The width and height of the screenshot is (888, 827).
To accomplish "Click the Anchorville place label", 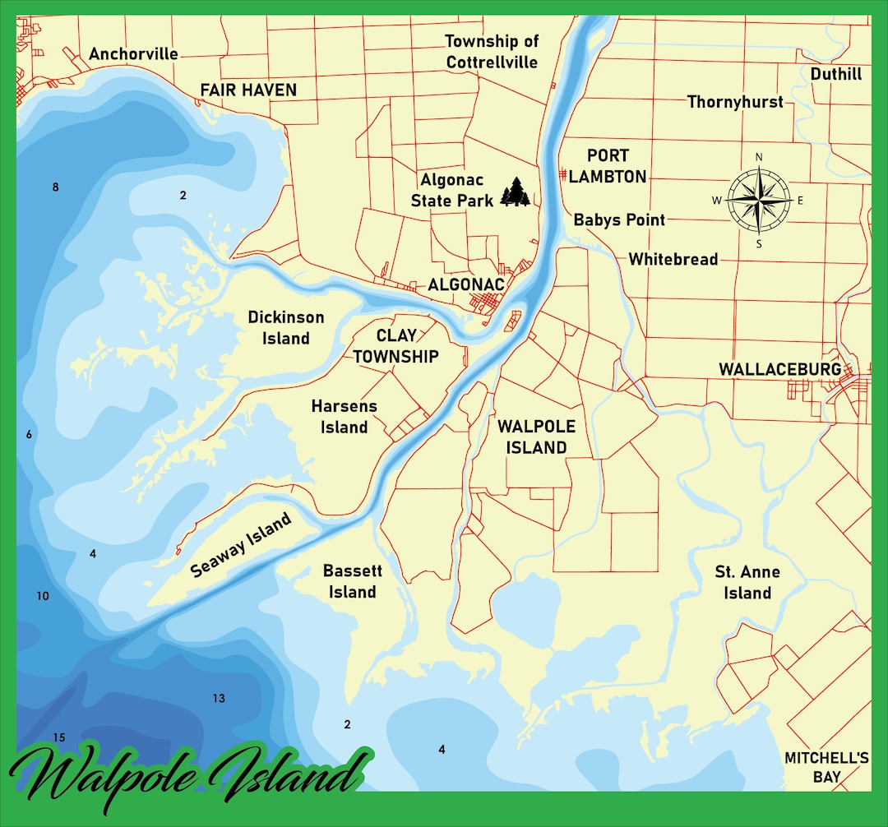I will pyautogui.click(x=133, y=54).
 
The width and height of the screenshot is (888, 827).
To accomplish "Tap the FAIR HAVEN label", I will pyautogui.click(x=248, y=90).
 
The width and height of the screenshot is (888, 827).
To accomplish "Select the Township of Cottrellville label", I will pyautogui.click(x=492, y=51).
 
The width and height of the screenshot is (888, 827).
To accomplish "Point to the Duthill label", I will pyautogui.click(x=835, y=74).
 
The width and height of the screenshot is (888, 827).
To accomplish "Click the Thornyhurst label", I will pyautogui.click(x=735, y=102).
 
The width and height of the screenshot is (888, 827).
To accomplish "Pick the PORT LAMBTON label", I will pyautogui.click(x=608, y=166).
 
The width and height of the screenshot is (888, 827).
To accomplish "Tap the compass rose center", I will pyautogui.click(x=758, y=200).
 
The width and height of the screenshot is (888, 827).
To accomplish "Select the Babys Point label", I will pyautogui.click(x=619, y=219).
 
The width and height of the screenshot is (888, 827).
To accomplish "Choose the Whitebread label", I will pyautogui.click(x=673, y=259).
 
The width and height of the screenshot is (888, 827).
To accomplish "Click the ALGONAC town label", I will pyautogui.click(x=465, y=284).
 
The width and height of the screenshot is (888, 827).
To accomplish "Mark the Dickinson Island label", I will pyautogui.click(x=286, y=327).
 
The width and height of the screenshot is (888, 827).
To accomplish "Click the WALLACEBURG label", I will pyautogui.click(x=780, y=369).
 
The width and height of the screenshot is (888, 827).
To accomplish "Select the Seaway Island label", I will pyautogui.click(x=242, y=546).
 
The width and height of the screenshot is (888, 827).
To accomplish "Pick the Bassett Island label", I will pyautogui.click(x=353, y=581).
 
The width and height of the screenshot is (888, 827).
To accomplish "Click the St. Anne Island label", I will pyautogui.click(x=747, y=582).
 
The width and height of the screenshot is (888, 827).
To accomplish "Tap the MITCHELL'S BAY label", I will pyautogui.click(x=826, y=767).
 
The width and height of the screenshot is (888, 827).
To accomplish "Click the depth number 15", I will pyautogui.click(x=58, y=737).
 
